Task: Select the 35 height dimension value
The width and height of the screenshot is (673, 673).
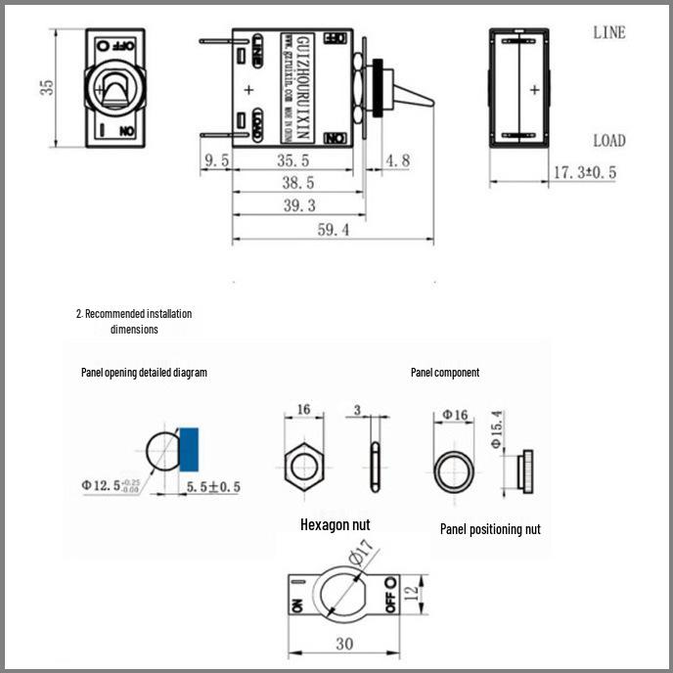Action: [x=46, y=87]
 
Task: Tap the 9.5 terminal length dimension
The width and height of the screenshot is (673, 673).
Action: [x=215, y=159]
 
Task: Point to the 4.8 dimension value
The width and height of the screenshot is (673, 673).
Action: [x=398, y=159]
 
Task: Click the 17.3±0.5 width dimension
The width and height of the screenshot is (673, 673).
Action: [x=585, y=172]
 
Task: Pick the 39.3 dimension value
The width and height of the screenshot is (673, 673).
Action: [x=298, y=205]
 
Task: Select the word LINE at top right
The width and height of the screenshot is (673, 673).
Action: [x=608, y=32]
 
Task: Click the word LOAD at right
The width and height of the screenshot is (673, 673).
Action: [x=608, y=140]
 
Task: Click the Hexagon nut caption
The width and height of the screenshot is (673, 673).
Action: [x=335, y=524]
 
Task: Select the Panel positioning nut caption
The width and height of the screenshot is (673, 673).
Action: [x=490, y=529]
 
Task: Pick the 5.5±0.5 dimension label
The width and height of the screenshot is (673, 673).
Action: [x=213, y=486]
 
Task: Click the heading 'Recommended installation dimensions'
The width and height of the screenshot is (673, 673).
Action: [x=134, y=322]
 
